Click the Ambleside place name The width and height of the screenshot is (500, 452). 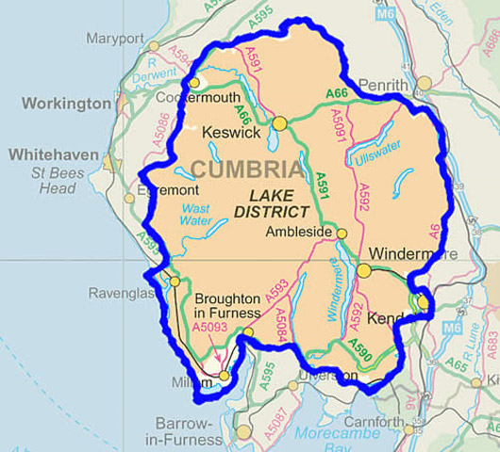(299, 232)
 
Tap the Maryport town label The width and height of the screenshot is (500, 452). (114, 39)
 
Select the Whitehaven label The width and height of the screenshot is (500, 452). (56, 153)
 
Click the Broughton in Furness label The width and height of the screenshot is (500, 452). (227, 304)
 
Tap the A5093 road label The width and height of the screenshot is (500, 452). (210, 327)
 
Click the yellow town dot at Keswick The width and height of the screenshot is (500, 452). (279, 123)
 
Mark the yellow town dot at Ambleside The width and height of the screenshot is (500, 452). (342, 233)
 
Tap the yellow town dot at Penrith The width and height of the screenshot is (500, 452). (425, 83)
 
